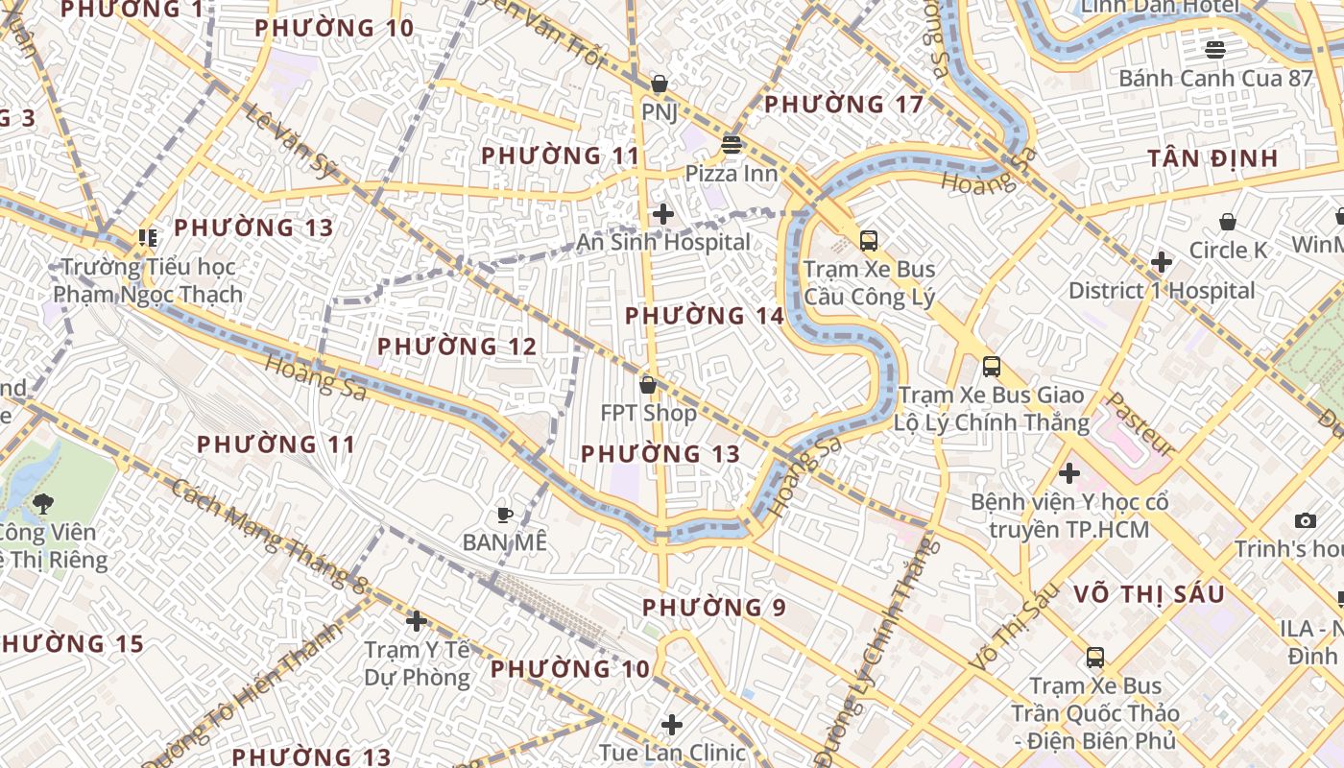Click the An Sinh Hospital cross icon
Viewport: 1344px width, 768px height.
point(662,214)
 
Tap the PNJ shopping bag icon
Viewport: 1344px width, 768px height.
point(660,84)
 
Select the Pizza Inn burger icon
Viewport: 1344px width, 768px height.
point(732,145)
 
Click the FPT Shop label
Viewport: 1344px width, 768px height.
point(649,413)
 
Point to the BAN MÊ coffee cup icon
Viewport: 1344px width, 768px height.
point(504,515)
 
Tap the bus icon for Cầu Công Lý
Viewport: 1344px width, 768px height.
point(869,241)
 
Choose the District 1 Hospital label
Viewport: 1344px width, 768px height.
point(1162,291)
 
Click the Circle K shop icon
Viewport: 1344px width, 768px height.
point(1227,223)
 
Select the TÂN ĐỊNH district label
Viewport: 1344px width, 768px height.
point(1213,158)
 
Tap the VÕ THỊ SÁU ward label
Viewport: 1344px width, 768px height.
point(1149,594)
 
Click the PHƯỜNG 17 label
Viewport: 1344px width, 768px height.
point(844,104)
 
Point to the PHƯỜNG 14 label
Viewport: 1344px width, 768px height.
point(705,316)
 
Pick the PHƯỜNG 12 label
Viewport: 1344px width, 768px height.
point(456,347)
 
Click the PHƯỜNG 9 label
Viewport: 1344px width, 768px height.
point(714,608)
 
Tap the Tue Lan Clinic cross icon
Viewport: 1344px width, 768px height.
point(672,724)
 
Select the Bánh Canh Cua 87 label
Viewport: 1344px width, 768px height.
point(1215,79)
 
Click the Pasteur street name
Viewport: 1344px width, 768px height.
point(1140,423)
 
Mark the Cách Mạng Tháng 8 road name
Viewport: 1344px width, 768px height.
point(271,534)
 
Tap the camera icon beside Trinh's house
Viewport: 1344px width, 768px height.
point(1306,520)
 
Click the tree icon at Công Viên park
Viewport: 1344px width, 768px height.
point(43,503)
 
